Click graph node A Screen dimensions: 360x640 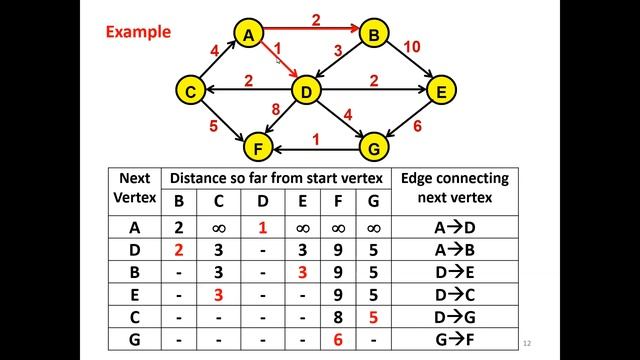pyautogui.click(x=247, y=35)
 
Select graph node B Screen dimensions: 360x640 pyautogui.click(x=374, y=35)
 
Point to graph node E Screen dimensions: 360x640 pyautogui.click(x=440, y=91)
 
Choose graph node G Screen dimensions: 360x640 pyautogui.click(x=374, y=149)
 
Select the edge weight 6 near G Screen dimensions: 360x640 pyautogui.click(x=417, y=126)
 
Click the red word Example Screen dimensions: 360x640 pyautogui.click(x=138, y=32)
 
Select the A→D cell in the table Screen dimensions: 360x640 pyautogui.click(x=454, y=227)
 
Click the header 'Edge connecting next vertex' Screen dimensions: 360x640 pyautogui.click(x=454, y=188)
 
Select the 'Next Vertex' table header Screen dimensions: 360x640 pyautogui.click(x=135, y=188)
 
